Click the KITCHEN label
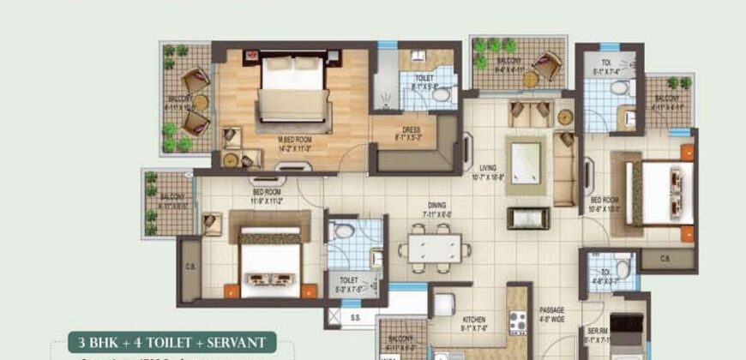tap(474, 319)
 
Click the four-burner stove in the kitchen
tap(518, 323)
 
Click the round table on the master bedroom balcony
tap(199, 101)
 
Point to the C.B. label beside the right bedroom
tap(665, 257)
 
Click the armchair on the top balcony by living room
tap(546, 64)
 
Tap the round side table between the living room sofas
tap(565, 117)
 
